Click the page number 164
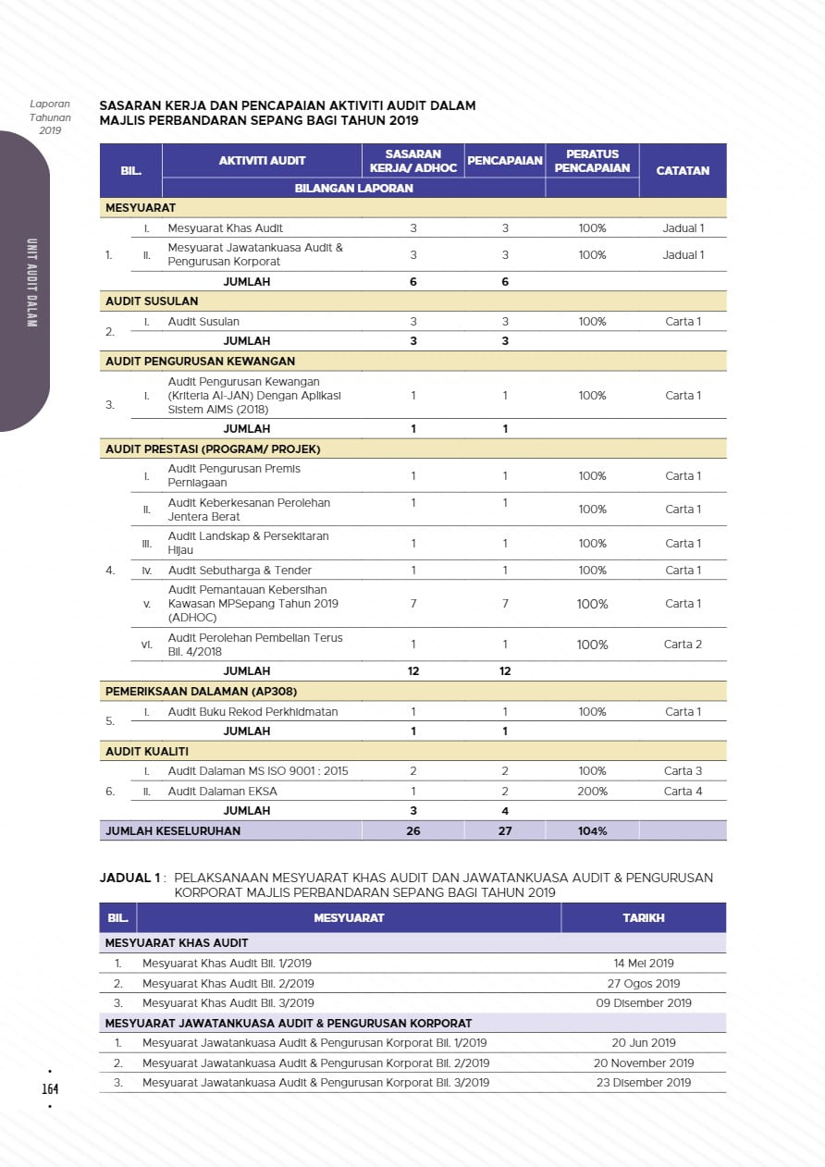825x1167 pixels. [50, 1088]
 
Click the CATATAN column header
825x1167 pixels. [683, 171]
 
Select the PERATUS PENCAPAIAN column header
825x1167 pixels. [592, 161]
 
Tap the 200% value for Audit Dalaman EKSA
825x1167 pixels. [592, 792]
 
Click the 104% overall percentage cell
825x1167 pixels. [592, 831]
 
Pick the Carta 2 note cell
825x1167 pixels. [683, 645]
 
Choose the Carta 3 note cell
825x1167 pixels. [683, 771]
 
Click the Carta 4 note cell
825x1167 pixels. [683, 792]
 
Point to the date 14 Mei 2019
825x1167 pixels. [644, 964]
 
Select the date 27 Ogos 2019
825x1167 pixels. [644, 984]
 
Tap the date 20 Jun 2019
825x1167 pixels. [644, 1043]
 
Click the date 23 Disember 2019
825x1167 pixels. [644, 1083]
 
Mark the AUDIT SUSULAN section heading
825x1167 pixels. [152, 301]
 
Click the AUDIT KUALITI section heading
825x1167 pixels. [147, 752]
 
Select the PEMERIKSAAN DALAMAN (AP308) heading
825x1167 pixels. [201, 692]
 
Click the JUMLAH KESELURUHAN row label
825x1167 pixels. [173, 831]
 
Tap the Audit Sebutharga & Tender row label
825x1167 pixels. [240, 571]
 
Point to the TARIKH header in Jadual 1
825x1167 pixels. [644, 918]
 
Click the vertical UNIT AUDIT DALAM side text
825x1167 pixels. [31, 283]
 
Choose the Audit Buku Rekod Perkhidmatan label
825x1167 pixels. [252, 712]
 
